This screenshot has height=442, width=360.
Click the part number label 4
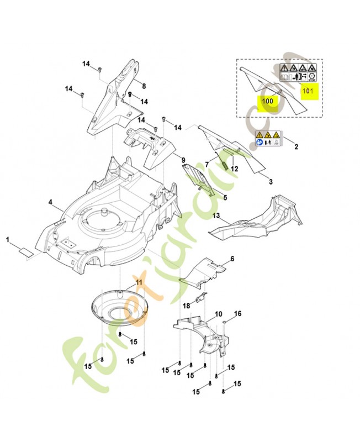(50, 203)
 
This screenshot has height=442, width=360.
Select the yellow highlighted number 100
(267, 101)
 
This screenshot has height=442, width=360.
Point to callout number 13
(216, 215)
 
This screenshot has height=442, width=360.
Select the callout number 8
(143, 86)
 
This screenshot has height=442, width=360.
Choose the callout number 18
(187, 305)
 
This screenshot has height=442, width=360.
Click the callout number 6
(232, 259)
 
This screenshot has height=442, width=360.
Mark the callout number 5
(225, 197)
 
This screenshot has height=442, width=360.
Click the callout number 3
(271, 181)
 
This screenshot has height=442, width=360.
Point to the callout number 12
(234, 169)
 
